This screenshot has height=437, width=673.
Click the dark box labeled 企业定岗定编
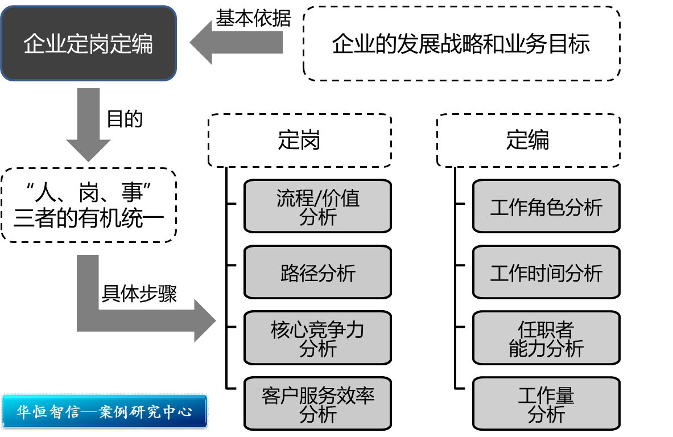88,44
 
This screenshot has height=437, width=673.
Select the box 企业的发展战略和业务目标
461,44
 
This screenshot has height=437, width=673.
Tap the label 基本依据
253,19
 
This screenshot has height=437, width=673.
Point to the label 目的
125,119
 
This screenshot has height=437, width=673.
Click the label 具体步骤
139,294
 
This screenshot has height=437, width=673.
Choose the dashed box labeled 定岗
299,141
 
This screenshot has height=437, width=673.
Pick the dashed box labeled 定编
528,141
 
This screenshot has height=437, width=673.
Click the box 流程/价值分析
317,207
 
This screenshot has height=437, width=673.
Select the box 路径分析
317,273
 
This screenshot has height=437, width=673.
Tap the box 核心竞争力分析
317,338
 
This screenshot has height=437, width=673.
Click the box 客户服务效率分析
317,404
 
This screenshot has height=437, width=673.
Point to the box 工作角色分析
546,207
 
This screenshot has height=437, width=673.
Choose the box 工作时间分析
546,273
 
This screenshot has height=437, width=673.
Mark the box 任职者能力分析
546,338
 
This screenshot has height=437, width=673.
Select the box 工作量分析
546,404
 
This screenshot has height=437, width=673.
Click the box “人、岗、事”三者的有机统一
88,205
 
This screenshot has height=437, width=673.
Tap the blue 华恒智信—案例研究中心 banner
105,411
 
